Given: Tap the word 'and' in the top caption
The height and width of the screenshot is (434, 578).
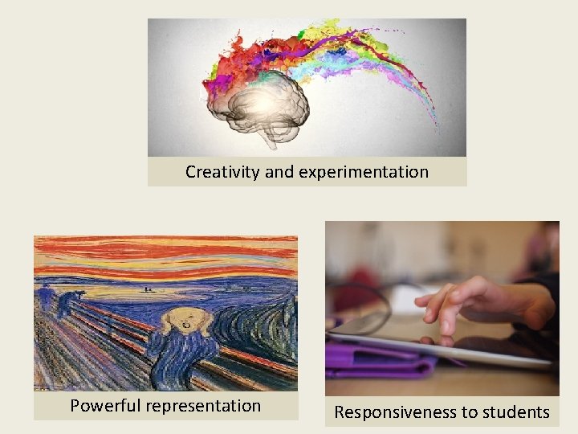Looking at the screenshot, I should click(x=279, y=172).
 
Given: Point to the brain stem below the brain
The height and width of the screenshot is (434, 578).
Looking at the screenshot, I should click(x=271, y=138).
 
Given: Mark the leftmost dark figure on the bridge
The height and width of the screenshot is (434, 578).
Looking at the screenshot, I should click(x=45, y=297).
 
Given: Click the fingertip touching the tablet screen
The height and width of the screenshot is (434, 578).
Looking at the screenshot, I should click(x=441, y=332).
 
